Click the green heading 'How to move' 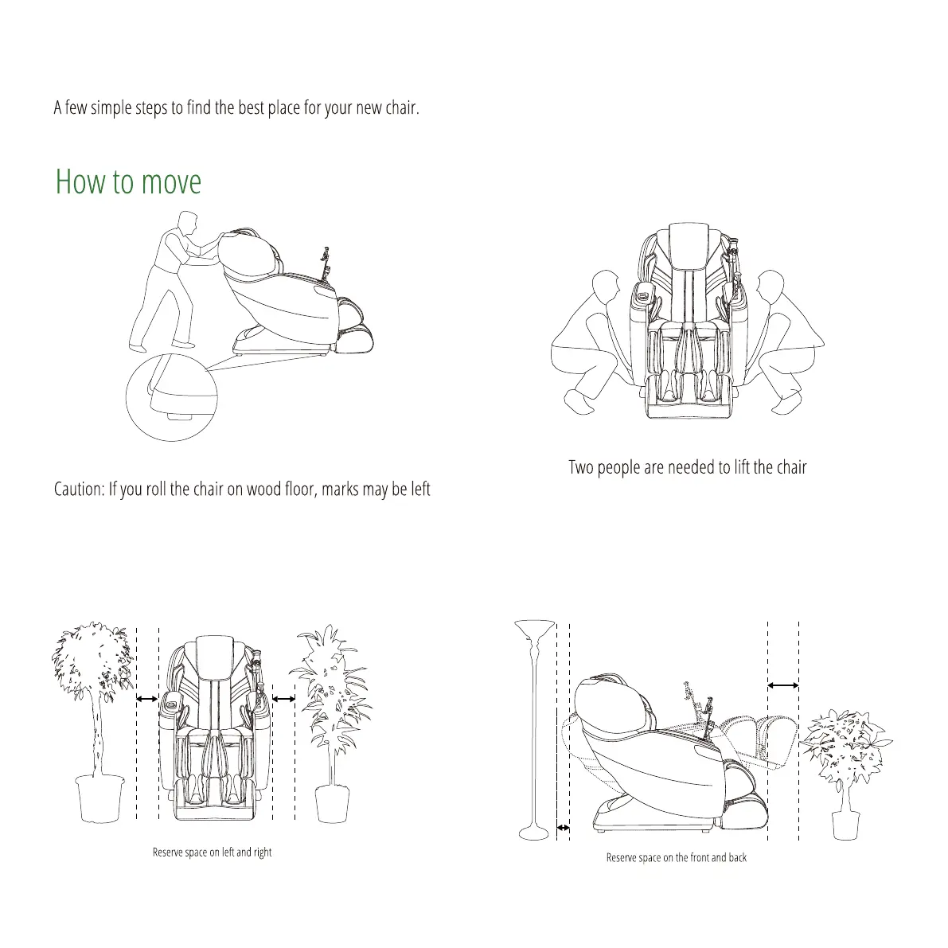point(128,182)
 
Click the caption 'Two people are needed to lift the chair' point(687,467)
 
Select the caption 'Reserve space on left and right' point(212,852)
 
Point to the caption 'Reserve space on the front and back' point(676,857)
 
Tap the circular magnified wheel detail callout point(171,397)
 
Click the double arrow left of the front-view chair point(147,699)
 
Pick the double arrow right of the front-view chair point(283,699)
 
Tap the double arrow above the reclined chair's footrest point(783,685)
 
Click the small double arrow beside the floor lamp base point(563,829)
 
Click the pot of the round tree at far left point(99,798)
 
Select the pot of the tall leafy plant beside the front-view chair point(332,803)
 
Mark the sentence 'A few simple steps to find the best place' point(236,107)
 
